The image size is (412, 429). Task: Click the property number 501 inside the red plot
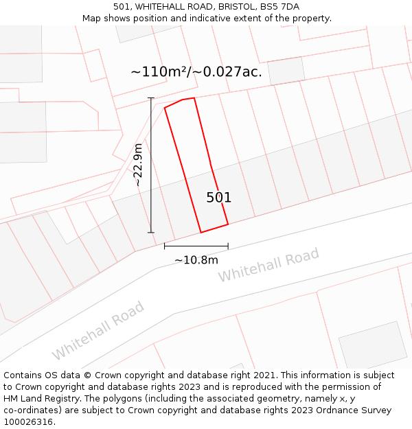point(219,198)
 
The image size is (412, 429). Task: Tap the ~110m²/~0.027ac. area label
point(196,71)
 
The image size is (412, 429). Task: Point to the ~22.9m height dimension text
point(138,165)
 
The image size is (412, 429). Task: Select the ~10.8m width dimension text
point(196,260)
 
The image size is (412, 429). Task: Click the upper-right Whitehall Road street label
point(268,265)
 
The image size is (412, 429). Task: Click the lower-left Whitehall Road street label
point(98,330)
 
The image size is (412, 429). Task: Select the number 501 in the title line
point(122,7)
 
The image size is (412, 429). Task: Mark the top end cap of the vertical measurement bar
point(151,98)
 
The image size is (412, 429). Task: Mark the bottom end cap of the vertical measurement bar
point(151,233)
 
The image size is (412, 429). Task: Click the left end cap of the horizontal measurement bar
point(164,246)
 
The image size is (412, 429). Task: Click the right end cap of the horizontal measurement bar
point(228,246)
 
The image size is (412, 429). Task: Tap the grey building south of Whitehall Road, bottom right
point(373,344)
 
